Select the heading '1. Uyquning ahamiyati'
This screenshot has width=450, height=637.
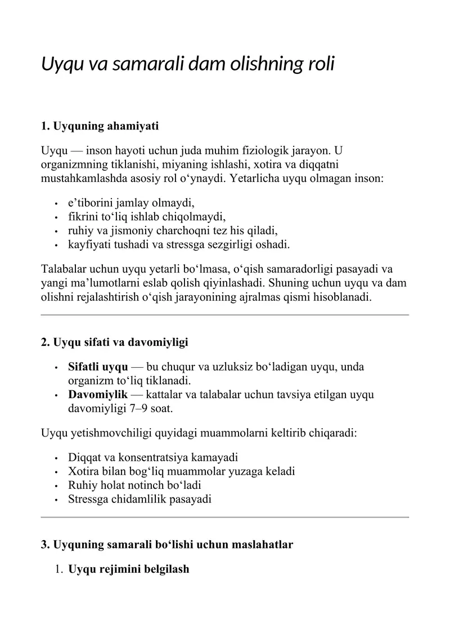100,126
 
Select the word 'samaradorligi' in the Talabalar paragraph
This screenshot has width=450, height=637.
317,269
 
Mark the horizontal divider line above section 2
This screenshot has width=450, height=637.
225,315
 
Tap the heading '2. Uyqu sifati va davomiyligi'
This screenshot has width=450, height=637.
114,342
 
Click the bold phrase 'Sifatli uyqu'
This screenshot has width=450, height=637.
98,367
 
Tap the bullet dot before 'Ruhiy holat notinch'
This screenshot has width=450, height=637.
57,485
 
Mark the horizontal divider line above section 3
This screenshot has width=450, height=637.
225,516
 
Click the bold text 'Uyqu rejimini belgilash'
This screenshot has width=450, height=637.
128,569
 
